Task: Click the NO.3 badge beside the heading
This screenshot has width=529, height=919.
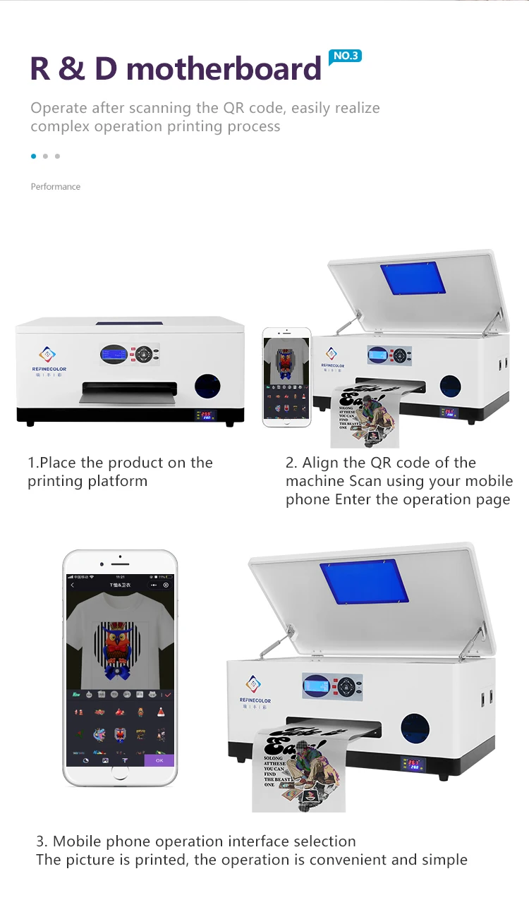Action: tap(346, 56)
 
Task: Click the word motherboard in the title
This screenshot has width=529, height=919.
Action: tap(224, 69)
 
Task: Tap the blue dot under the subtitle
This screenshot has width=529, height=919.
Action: tap(33, 156)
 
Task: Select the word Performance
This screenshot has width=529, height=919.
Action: tap(56, 187)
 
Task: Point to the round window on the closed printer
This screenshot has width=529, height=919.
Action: tap(207, 386)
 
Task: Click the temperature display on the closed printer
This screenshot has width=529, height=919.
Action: tap(205, 415)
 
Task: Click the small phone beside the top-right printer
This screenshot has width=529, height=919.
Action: tap(286, 377)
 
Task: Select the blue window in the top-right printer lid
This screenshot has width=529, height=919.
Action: tap(413, 279)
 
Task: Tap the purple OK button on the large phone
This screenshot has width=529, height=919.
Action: tap(159, 760)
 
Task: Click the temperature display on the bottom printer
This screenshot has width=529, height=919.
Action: tap(412, 764)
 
